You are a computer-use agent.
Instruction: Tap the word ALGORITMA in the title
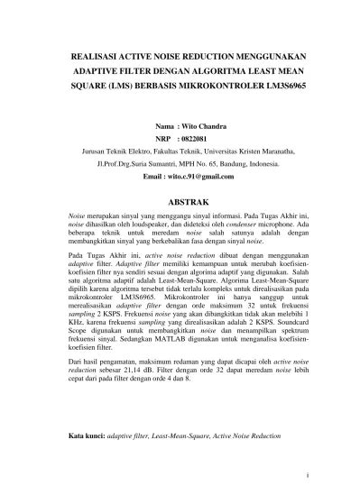click(x=215, y=70)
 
